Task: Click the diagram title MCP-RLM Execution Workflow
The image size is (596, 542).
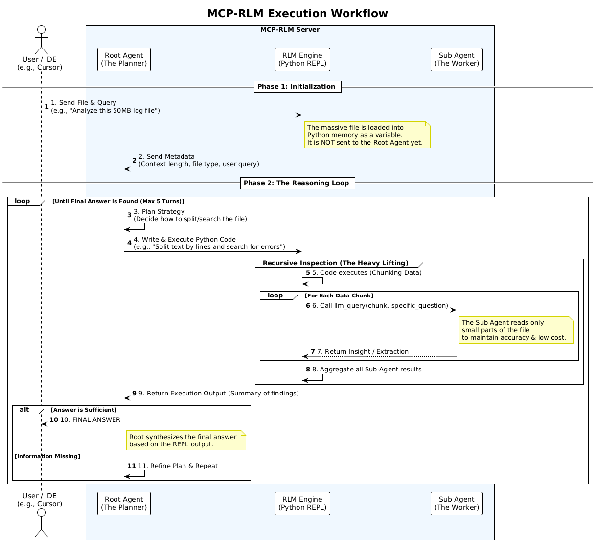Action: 298,14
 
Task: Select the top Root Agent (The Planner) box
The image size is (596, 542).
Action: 124,59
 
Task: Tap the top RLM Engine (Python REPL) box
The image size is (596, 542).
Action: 302,59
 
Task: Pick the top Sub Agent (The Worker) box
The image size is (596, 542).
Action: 457,59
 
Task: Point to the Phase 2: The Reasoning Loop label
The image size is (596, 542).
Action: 298,183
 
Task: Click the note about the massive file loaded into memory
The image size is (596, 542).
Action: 367,135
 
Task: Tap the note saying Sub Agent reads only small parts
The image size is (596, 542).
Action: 516,330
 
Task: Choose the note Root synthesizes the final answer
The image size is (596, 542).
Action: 185,441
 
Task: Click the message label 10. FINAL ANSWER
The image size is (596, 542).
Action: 90,420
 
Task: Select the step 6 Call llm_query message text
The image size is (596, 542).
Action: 380,306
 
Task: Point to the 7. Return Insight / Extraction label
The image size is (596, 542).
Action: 363,352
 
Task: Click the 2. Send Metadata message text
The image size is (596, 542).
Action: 198,160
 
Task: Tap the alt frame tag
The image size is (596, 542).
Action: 24,410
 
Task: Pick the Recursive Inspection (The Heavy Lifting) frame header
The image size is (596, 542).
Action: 335,263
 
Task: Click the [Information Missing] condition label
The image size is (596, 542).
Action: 47,456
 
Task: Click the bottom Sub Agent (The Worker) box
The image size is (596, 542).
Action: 457,503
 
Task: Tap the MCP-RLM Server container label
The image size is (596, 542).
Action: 290,30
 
